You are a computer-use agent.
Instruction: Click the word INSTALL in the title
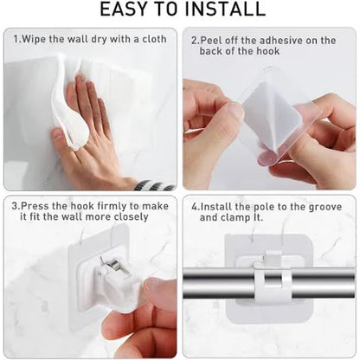(x=226, y=10)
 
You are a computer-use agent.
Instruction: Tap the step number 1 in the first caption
(x=17, y=40)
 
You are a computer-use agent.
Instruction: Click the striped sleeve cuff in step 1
(x=156, y=184)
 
